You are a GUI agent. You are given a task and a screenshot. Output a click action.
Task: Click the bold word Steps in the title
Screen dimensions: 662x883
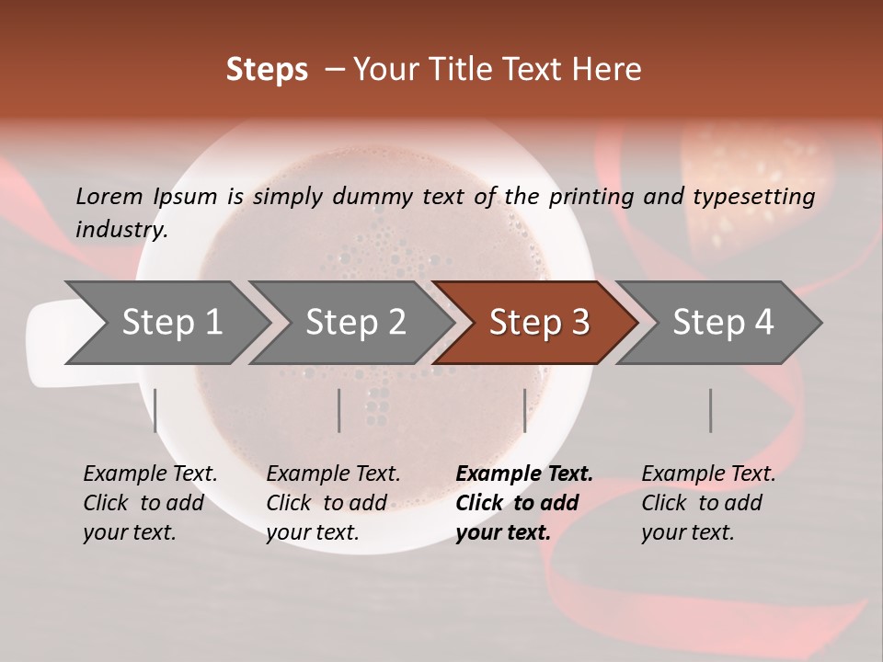(267, 70)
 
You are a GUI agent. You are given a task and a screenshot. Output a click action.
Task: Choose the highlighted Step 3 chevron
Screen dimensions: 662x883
(539, 323)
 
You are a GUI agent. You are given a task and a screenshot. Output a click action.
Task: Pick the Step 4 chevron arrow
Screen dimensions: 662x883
(723, 323)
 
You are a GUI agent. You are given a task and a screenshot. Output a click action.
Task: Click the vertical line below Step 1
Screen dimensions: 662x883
(155, 410)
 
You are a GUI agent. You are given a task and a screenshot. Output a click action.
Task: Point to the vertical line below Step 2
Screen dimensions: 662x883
(339, 410)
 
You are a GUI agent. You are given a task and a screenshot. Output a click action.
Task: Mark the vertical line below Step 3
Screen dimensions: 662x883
(524, 410)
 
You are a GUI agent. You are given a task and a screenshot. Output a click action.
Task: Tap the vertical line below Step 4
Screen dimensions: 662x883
(710, 410)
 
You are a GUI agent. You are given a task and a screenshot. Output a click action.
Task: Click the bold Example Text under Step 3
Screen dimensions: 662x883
(524, 474)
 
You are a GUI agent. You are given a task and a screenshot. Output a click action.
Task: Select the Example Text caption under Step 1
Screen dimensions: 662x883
(150, 474)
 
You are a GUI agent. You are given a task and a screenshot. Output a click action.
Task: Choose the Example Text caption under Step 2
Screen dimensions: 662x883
(333, 474)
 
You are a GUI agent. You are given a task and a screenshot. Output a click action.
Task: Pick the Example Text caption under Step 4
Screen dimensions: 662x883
(708, 474)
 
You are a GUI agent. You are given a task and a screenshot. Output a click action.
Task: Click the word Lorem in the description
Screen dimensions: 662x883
(109, 196)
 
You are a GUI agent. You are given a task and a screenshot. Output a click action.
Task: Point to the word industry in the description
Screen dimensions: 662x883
(121, 229)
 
